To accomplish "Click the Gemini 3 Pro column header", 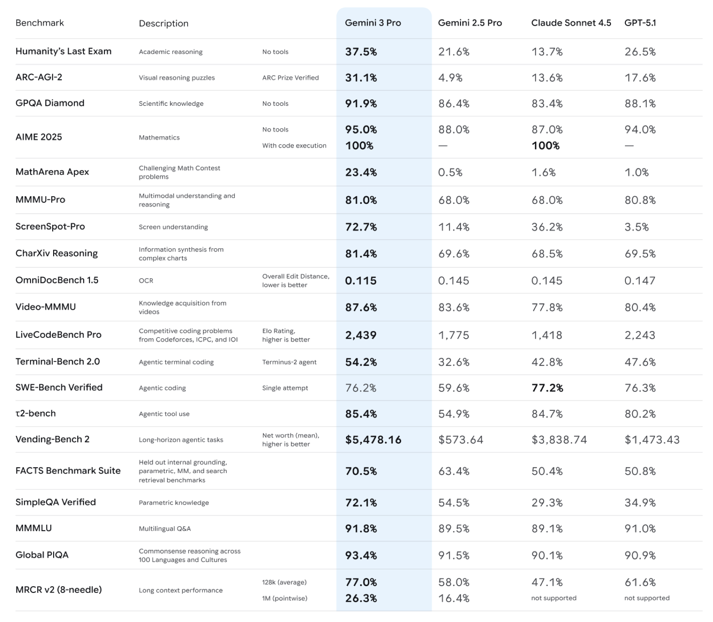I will click(373, 23).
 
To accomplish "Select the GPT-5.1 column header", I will click(640, 23).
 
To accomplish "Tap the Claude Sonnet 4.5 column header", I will click(571, 23).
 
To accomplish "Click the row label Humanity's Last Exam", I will click(64, 51).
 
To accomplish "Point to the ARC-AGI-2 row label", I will click(39, 77).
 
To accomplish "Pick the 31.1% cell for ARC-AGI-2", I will click(361, 78).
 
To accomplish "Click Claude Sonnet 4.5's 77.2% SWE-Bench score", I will click(547, 388).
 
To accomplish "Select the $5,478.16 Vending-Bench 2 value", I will click(373, 440).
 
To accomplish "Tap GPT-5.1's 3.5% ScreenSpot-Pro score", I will click(636, 227).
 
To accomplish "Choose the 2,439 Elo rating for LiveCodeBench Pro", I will click(361, 336).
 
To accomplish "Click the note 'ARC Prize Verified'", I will click(290, 78).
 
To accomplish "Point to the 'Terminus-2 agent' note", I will click(289, 362).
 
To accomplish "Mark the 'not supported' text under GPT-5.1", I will click(647, 598).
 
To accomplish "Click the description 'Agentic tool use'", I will click(164, 414).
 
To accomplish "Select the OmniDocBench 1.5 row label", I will click(57, 280).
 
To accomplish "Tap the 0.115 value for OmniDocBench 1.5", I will click(361, 281).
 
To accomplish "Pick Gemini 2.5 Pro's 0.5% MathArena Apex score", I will click(450, 173).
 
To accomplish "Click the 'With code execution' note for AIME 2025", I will click(294, 146).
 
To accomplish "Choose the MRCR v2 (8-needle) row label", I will click(59, 590).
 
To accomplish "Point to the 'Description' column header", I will click(163, 24).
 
